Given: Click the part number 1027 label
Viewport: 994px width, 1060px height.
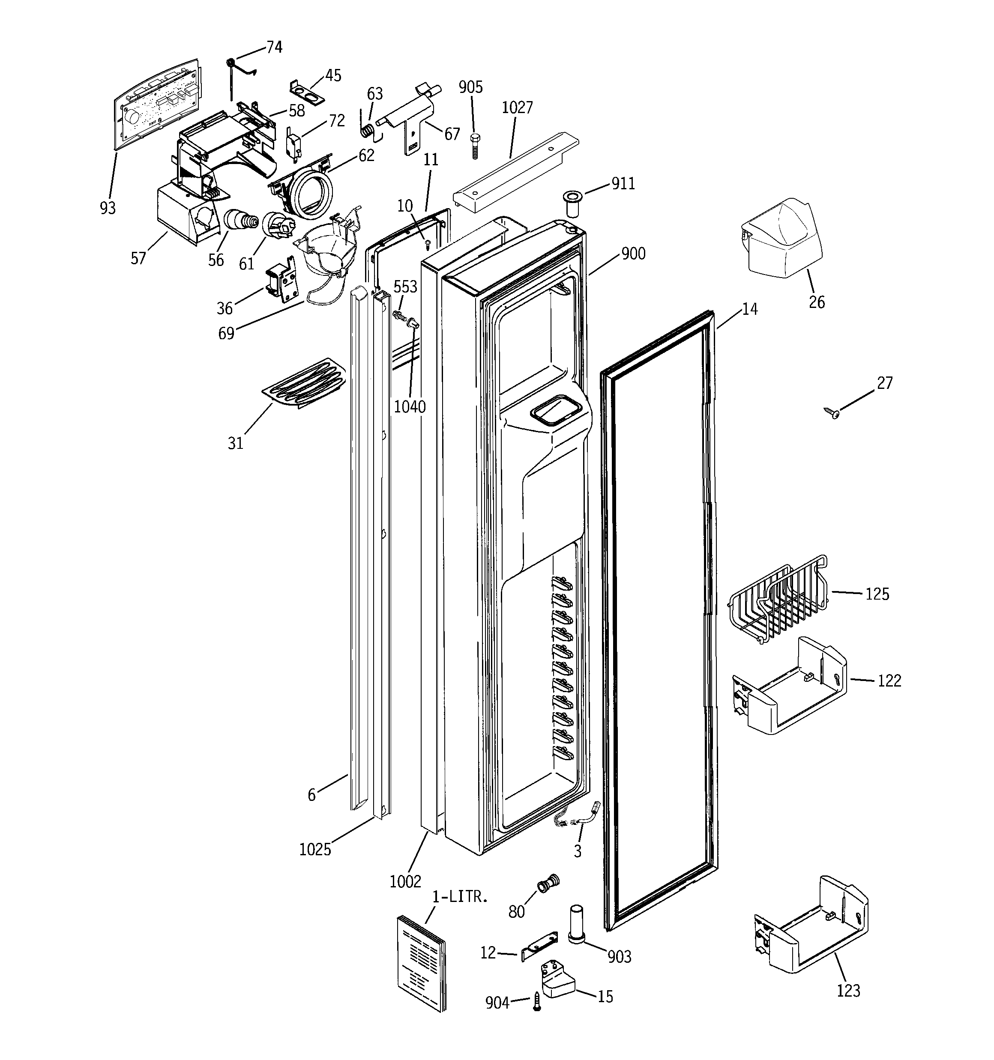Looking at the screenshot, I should (x=517, y=107).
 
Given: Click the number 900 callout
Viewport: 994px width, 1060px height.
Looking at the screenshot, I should (x=633, y=254).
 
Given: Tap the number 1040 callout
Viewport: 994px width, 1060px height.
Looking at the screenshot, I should (x=410, y=407).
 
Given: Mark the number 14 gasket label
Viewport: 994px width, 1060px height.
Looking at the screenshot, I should (x=750, y=309).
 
